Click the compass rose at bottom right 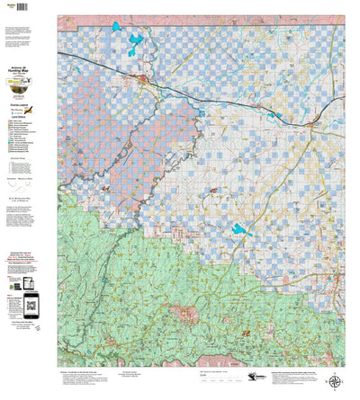point(335,380)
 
